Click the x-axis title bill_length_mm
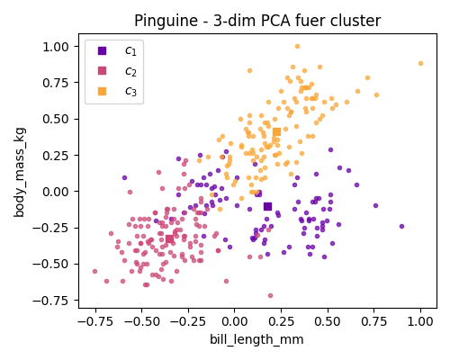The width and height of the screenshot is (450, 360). (257, 339)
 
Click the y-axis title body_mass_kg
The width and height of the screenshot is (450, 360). (20, 171)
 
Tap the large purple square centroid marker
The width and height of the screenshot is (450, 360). (267, 206)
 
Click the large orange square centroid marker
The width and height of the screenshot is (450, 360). (276, 132)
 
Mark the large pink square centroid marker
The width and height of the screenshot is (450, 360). (169, 238)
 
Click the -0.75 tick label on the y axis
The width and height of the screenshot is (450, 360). (53, 301)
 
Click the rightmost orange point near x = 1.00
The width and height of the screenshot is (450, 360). (420, 64)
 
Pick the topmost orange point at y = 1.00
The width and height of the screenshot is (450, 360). (297, 47)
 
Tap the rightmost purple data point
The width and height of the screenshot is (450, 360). (401, 226)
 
